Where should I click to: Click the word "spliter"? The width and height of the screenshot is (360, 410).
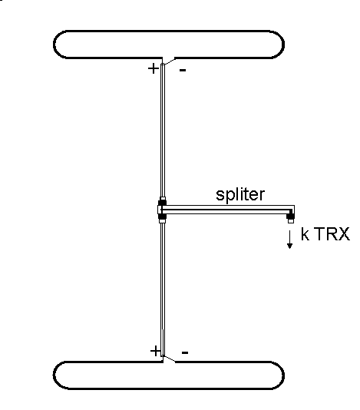click(240, 195)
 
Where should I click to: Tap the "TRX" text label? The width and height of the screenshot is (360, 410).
click(333, 234)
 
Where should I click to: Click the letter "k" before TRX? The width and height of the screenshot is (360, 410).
click(305, 234)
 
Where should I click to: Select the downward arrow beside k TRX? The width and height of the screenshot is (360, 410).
click(289, 240)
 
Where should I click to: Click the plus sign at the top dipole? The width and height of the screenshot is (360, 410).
click(154, 68)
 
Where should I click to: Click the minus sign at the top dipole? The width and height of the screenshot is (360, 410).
click(183, 70)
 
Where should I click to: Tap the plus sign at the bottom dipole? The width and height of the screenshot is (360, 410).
click(155, 351)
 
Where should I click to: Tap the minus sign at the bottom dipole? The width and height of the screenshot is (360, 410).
click(185, 352)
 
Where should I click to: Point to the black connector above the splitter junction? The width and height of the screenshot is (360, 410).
click(163, 203)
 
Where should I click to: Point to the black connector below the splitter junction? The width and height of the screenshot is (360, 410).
click(163, 217)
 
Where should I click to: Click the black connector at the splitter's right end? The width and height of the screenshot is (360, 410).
click(290, 216)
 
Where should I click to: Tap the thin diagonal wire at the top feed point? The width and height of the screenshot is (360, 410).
click(170, 61)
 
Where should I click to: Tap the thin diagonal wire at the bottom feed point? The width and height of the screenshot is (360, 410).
click(170, 359)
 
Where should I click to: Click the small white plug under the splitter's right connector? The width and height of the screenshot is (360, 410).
click(291, 221)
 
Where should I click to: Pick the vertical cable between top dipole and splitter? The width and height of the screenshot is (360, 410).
click(163, 131)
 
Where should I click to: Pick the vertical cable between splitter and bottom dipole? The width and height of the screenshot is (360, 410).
click(163, 289)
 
